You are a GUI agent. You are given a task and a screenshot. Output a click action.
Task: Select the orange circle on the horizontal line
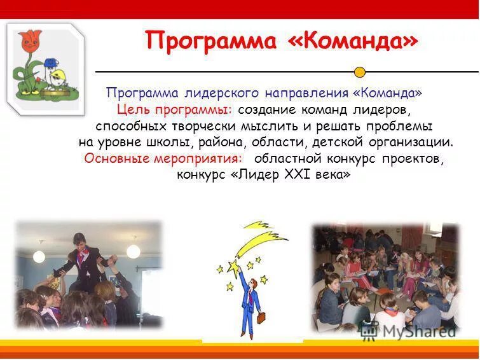[360, 72]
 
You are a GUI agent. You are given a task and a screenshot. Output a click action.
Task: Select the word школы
[166, 142]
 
